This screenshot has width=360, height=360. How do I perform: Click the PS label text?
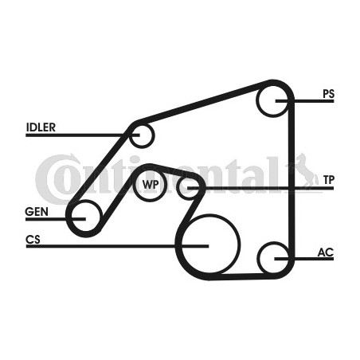tap(328, 94)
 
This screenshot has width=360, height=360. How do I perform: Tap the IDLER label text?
tap(41, 127)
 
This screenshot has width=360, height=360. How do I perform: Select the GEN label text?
tap(37, 212)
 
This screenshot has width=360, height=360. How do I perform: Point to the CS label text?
tap(33, 240)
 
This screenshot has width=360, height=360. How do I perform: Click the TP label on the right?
tap(329, 180)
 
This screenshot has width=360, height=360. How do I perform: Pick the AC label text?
tap(326, 252)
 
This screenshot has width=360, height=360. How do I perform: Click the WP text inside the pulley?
tap(151, 184)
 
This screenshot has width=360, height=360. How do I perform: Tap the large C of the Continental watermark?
tap(50, 178)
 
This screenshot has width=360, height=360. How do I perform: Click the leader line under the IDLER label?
tap(83, 135)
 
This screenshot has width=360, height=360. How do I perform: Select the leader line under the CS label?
tap(117, 246)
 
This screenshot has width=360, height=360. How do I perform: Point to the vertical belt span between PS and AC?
tap(292, 180)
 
